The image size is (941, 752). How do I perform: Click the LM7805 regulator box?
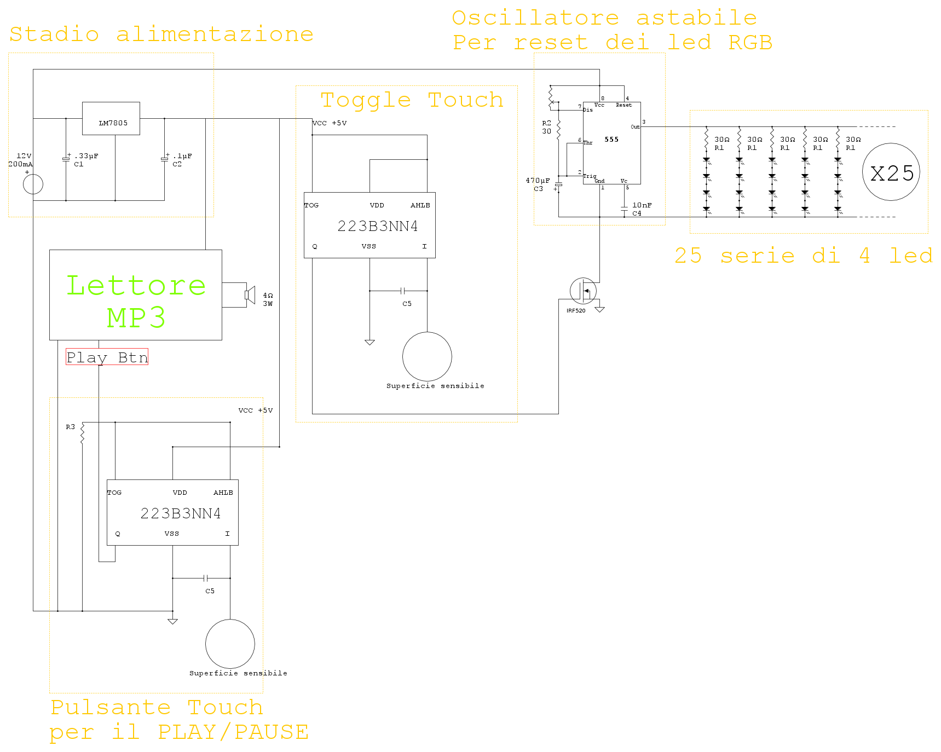111,118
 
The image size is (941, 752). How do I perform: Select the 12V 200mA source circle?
33,184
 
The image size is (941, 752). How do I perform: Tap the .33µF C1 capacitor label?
86,160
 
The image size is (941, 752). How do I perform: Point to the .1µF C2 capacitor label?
182,160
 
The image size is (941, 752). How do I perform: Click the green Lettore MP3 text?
136,301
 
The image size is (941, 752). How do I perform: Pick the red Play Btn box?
107,357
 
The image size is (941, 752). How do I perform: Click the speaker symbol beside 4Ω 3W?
250,295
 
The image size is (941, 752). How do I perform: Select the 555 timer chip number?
611,140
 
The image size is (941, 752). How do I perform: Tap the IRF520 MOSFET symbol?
584,291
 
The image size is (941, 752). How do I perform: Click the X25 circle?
891,172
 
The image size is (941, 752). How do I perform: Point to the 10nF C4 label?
642,209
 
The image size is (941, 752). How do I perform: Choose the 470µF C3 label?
538,184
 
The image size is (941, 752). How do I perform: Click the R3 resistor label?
71,427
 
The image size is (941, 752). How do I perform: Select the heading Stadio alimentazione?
161,34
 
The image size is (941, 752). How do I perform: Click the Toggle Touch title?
412,100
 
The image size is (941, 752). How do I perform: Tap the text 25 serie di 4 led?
804,256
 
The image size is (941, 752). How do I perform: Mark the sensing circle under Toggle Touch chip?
427,356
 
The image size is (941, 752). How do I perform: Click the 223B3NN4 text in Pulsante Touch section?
181,513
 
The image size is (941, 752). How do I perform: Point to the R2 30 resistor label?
547,127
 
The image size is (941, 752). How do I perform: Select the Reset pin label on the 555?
624,105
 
